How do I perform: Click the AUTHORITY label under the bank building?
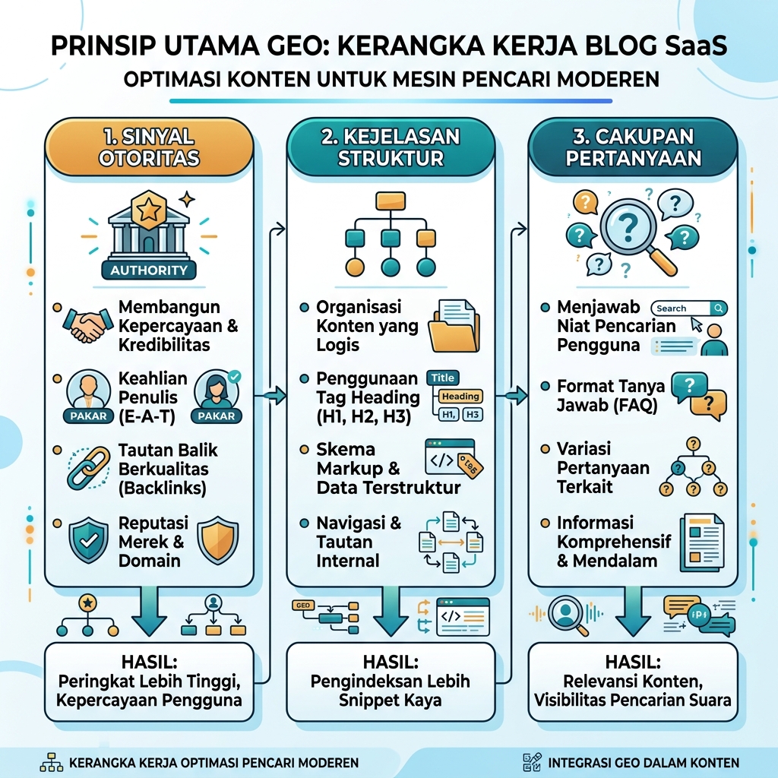point(149,270)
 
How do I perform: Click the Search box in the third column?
point(689,308)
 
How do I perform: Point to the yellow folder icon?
point(454,326)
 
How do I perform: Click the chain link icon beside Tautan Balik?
point(88,468)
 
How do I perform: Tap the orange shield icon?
point(218,540)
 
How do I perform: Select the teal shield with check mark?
point(88,540)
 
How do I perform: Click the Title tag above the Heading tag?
point(443,378)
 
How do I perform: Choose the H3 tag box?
point(473,414)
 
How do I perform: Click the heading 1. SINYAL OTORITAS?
point(149,147)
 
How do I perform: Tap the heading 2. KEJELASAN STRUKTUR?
point(391,147)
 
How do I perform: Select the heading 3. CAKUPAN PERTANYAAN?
point(633,147)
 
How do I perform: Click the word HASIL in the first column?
point(149,662)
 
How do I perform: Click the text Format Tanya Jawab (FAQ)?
point(610,395)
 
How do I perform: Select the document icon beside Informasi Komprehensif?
point(701,542)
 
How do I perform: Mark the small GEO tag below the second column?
point(302,606)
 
